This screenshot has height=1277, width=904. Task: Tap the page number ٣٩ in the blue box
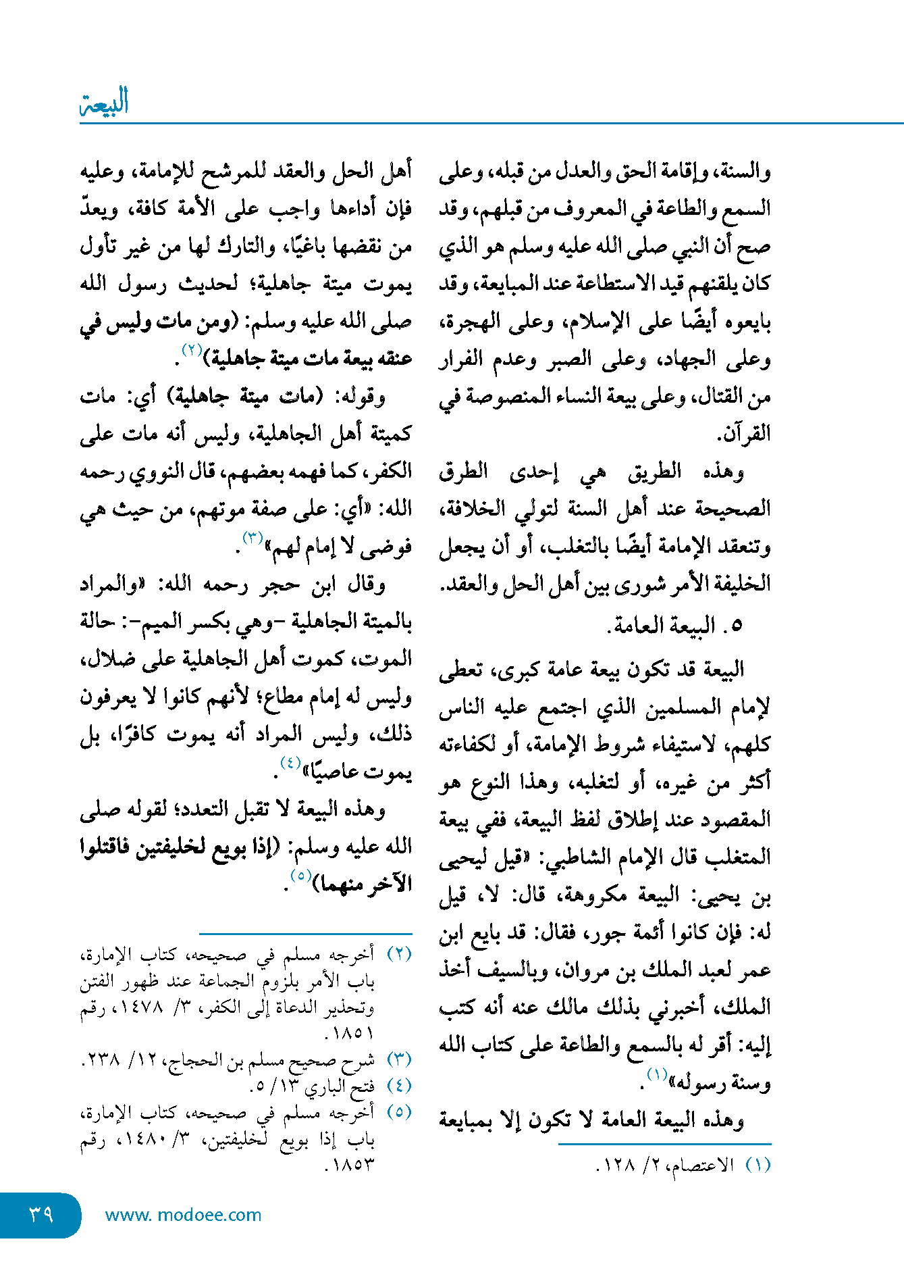tap(41, 1214)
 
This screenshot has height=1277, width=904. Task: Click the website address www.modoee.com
tap(183, 1215)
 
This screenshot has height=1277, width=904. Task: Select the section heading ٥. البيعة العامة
tap(675, 626)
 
